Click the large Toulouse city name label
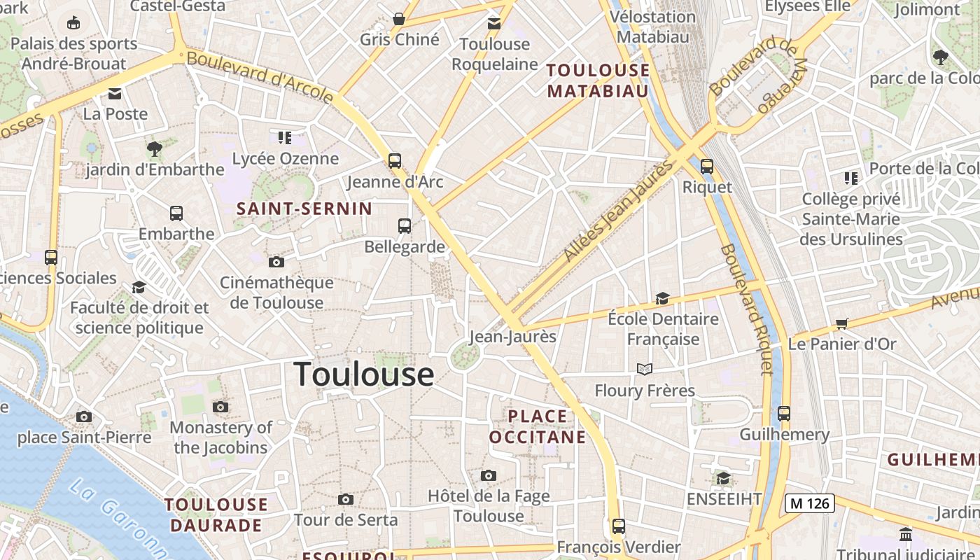(364, 374)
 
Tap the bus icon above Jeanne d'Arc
(395, 161)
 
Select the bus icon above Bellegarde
(405, 225)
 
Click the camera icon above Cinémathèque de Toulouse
(276, 262)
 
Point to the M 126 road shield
(809, 503)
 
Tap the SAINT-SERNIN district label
(304, 209)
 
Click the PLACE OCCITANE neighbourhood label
(538, 426)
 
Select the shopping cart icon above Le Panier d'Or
(841, 323)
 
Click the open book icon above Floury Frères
(645, 369)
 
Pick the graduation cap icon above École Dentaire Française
(662, 299)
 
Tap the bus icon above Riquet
(707, 167)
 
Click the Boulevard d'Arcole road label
(260, 76)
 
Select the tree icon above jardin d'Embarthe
(155, 148)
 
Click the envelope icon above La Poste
(115, 93)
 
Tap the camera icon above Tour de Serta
(345, 499)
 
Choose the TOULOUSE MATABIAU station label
(598, 80)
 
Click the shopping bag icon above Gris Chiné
(399, 19)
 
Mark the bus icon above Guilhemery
(784, 413)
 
